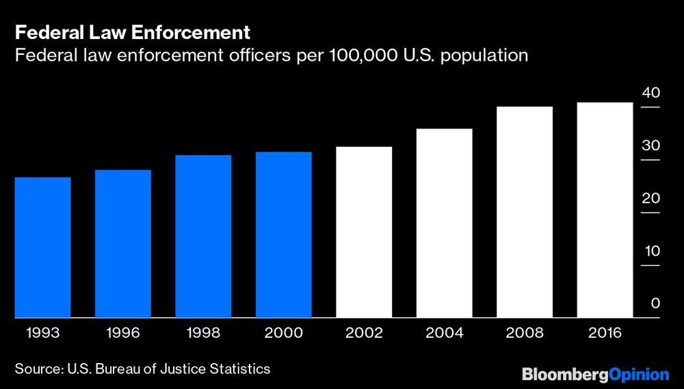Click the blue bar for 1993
point(42,247)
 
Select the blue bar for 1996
point(122,244)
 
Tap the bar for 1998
point(203,237)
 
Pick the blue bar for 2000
point(284,234)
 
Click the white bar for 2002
point(364,232)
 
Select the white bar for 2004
point(445,223)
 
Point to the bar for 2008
point(525,212)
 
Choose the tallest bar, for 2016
point(605,210)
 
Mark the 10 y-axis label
point(650,251)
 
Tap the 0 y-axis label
point(655,304)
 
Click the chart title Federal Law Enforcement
point(132,33)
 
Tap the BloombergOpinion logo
point(595,374)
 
